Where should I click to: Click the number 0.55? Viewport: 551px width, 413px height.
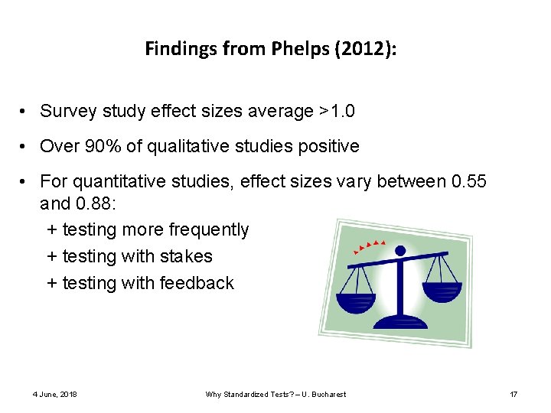(469, 181)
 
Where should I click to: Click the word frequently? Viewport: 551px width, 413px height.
(208, 230)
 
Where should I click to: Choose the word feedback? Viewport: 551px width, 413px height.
(197, 284)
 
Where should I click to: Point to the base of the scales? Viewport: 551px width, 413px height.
(403, 320)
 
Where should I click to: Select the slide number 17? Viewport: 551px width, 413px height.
(514, 395)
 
